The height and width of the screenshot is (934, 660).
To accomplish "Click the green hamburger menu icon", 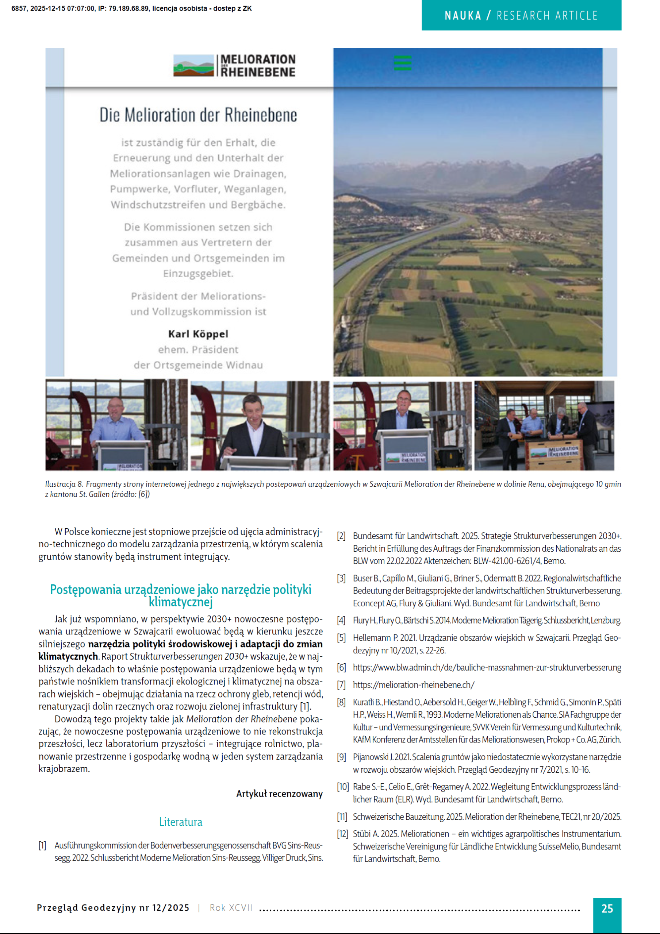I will pos(402,63).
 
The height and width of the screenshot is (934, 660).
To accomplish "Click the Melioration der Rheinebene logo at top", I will pos(234,66).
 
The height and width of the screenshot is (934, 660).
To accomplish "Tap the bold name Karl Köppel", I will pos(198,334).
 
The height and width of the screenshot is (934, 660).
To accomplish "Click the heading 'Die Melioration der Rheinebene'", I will pos(198,115).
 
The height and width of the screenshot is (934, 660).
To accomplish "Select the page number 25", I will pos(607,908).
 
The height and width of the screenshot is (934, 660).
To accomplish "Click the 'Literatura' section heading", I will pos(180,822).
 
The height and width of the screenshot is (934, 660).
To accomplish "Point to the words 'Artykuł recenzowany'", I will pos(279,794).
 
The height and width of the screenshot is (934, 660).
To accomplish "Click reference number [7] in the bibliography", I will pos(341,685).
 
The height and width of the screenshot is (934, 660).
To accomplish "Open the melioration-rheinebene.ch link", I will pos(414,685).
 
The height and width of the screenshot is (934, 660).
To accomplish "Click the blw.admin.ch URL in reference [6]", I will pos(487,668).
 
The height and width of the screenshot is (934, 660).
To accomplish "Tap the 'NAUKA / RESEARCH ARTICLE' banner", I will pos(521,15).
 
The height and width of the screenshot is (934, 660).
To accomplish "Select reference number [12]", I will pos(342,834).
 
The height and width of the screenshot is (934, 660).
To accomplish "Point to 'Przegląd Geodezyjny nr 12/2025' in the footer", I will pos(113,908).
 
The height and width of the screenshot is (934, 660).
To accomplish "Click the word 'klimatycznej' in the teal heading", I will pos(180,602).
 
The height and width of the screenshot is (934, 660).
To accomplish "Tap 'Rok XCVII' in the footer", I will pos(231,908).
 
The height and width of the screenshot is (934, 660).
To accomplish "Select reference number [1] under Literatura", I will pos(42,845).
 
